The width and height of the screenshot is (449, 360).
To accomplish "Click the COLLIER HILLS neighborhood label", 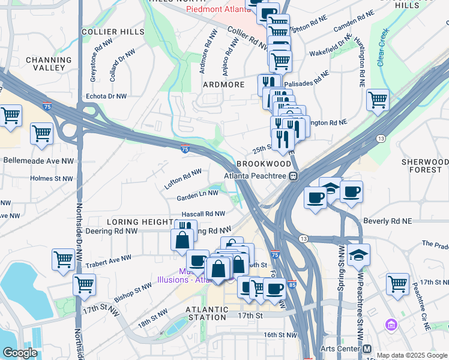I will click(x=113, y=31).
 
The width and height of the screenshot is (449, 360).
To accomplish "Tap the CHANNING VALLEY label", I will click(x=49, y=64).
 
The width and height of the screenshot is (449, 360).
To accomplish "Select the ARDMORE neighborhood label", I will click(x=223, y=85).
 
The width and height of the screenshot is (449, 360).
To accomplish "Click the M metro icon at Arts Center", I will click(x=367, y=349).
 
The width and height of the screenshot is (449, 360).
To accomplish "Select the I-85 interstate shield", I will click(x=291, y=284).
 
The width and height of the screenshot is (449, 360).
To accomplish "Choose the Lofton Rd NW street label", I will click(x=183, y=179).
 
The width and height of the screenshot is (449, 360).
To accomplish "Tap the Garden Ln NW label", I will click(x=197, y=193).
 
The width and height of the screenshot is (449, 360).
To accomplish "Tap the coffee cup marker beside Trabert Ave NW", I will click(x=197, y=260).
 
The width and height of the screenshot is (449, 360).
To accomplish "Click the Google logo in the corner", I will click(x=20, y=353).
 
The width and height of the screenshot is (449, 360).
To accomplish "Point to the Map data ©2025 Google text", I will click(x=411, y=355).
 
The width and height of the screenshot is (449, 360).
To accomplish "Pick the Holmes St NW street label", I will click(x=50, y=178).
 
